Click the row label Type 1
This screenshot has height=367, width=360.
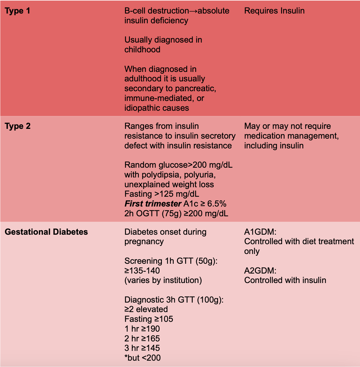click(x=17, y=11)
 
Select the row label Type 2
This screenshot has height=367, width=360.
click(x=18, y=126)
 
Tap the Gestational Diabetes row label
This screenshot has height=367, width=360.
click(x=46, y=232)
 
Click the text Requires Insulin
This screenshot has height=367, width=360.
click(x=274, y=11)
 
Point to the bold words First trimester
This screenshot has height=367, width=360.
click(x=153, y=204)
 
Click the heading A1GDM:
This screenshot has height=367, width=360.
click(x=260, y=232)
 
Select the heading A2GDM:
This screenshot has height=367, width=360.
click(x=260, y=271)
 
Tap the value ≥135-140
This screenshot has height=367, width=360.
click(x=142, y=271)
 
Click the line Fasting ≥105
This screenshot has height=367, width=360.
click(x=149, y=319)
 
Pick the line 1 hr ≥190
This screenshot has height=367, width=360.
click(x=142, y=329)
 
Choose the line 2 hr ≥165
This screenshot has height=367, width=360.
click(x=142, y=339)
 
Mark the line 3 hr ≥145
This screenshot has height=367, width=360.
click(x=142, y=348)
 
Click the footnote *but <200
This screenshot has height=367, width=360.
click(x=143, y=358)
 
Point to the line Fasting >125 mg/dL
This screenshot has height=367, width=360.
click(x=162, y=194)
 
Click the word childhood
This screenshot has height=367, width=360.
click(x=142, y=50)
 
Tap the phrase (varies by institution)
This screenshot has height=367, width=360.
click(x=163, y=280)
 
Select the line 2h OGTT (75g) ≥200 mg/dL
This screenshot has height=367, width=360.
click(x=176, y=214)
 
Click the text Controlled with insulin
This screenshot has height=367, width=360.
click(x=285, y=280)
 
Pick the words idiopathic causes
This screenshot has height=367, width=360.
click(x=157, y=108)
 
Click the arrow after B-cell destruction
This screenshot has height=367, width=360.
click(x=194, y=11)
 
